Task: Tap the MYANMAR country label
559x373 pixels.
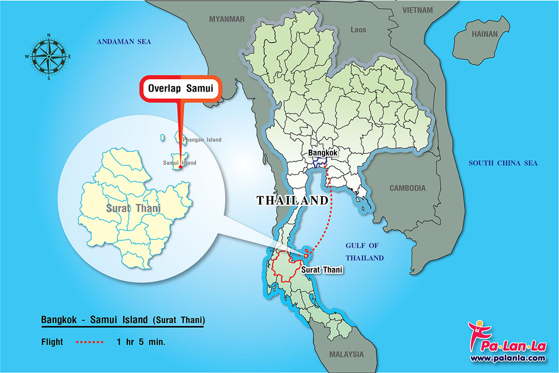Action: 226,19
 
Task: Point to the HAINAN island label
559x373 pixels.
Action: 484,34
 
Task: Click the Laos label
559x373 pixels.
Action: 358,30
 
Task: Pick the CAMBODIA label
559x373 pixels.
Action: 407,188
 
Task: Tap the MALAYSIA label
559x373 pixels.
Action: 346,354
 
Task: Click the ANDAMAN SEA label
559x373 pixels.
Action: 124,41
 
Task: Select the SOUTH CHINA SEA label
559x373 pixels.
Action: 503,163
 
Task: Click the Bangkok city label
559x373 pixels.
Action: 323,153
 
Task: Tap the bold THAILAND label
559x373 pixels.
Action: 292,200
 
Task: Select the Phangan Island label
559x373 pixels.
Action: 202,140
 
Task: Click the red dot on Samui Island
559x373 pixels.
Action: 180,167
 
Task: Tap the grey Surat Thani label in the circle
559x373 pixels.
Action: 133,209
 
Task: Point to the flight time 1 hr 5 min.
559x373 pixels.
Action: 141,342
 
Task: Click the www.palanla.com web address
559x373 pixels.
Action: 507,358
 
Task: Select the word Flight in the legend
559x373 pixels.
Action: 52,342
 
